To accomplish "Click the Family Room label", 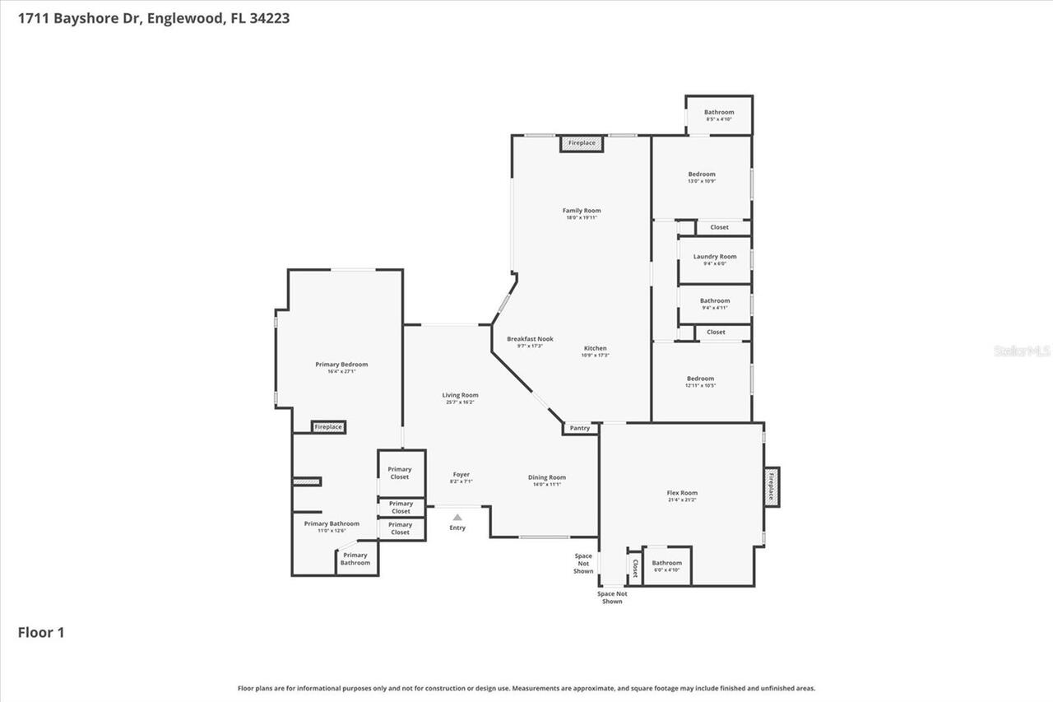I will (x=582, y=211).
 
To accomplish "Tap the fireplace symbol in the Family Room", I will (x=582, y=143).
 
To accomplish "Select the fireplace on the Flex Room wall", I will (x=771, y=486).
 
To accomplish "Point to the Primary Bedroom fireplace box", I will (x=328, y=427).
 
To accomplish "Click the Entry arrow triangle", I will (x=457, y=517).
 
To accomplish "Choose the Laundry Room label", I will (x=715, y=257).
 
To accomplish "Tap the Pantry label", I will (x=580, y=428).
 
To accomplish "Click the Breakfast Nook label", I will (x=530, y=339).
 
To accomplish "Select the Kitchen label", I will (x=596, y=348).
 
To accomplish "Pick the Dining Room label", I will (x=547, y=477).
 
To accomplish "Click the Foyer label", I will (x=462, y=474).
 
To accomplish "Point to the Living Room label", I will (x=460, y=395).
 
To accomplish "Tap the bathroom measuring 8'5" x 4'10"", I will (x=719, y=114).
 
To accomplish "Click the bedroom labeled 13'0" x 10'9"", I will (x=702, y=177).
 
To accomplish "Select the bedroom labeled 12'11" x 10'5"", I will (x=701, y=381).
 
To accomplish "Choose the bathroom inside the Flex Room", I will (x=666, y=565).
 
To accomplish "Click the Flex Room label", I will (x=682, y=493).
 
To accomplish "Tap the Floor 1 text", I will (x=41, y=633).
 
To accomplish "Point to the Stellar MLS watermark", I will (x=1023, y=351).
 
